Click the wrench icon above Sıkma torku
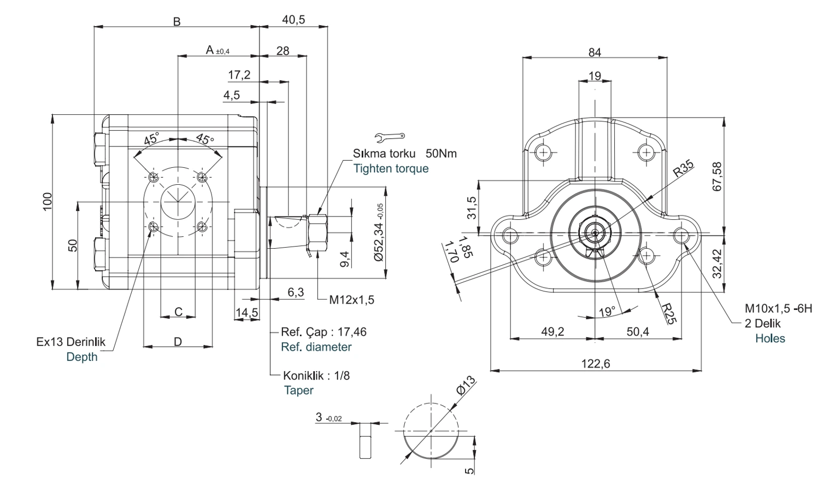(390, 137)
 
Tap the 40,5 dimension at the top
(293, 19)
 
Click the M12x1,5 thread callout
(351, 300)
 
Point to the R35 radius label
(683, 168)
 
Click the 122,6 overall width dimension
(596, 364)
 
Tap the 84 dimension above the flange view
(595, 52)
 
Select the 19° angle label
(607, 312)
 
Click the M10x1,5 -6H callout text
(778, 308)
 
